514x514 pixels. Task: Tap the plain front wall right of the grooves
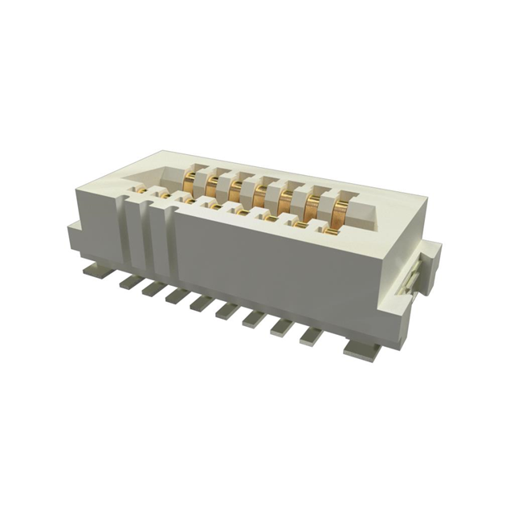(x=281, y=273)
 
